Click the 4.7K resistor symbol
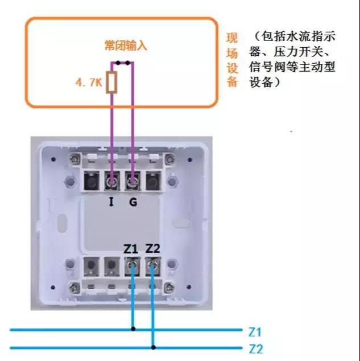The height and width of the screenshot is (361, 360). pos(112,82)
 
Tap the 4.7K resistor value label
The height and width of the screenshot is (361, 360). pos(88,83)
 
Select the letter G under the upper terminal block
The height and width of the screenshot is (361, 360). pos(133,201)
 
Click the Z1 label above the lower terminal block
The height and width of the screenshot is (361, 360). pos(131,249)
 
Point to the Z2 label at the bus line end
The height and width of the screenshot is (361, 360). pos(256,348)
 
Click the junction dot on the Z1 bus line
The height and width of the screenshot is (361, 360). pos(133,329)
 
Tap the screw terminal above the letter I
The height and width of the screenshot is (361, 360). pos(112,182)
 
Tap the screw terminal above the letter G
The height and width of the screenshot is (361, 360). pos(133,182)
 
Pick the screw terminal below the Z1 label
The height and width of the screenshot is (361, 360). pos(133,265)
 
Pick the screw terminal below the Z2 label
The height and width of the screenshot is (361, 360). pos(153,265)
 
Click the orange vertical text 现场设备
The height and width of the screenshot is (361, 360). pos(231,60)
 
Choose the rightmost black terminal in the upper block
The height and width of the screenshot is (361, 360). pos(154,182)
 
